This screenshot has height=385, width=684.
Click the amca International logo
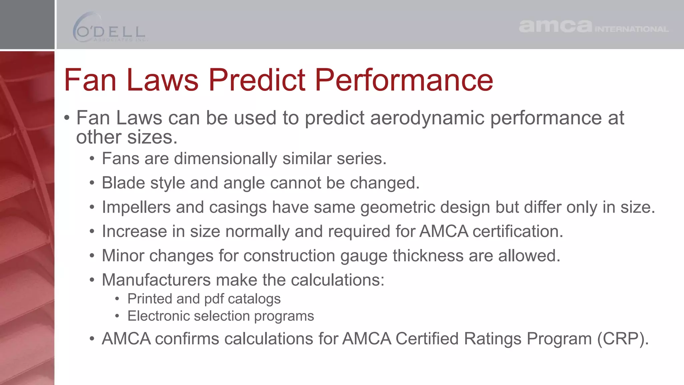(593, 26)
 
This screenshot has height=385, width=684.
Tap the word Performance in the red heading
(404, 80)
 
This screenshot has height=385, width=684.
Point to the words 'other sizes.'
(127, 137)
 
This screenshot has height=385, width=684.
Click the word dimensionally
(225, 159)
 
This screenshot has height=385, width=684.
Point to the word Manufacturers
(156, 280)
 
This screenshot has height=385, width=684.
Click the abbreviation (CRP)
(623, 339)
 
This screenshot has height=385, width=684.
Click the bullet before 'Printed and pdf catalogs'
(117, 299)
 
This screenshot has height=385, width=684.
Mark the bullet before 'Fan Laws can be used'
(67, 118)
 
